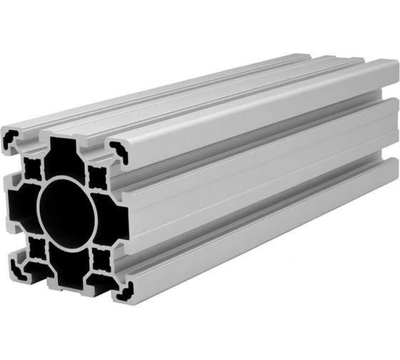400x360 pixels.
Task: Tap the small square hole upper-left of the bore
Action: pyautogui.click(x=31, y=169)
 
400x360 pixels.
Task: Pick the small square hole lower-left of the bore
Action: pyautogui.click(x=35, y=248)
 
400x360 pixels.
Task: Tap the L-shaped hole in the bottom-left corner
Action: pyautogui.click(x=16, y=271)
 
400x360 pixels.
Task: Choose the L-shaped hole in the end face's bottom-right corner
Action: pyautogui.click(x=123, y=288)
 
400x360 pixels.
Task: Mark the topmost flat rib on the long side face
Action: pyautogui.click(x=250, y=125)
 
